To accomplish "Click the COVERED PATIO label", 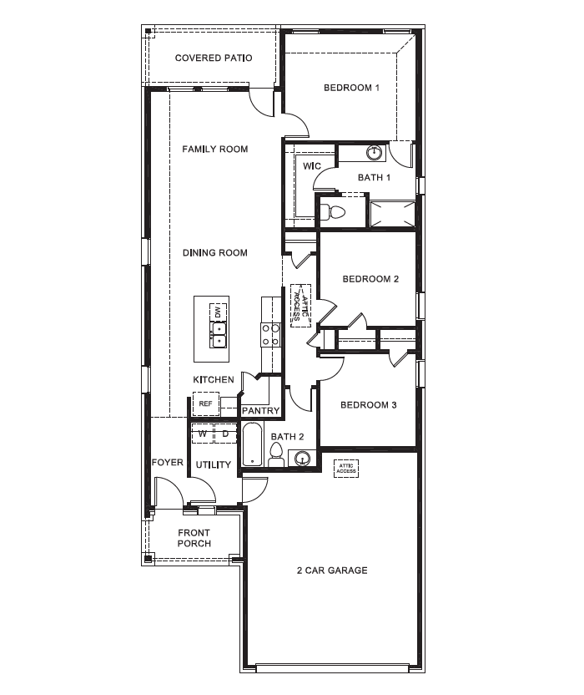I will (x=214, y=58).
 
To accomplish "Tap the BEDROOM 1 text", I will (x=352, y=88).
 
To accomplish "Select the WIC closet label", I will (x=312, y=166).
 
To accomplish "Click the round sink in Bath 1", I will (x=375, y=153).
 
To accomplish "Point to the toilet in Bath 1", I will (x=335, y=211).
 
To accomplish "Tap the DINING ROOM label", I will (x=215, y=253).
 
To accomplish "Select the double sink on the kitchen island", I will (x=218, y=335).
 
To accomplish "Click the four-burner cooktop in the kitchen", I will (x=271, y=335).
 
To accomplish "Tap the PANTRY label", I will (x=260, y=411).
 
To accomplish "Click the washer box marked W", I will (x=202, y=434).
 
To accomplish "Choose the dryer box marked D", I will (x=225, y=434).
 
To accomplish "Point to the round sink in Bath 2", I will (x=302, y=458).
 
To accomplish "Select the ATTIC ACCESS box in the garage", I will (x=346, y=468).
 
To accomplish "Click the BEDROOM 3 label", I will (x=369, y=405).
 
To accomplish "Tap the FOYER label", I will (x=167, y=463).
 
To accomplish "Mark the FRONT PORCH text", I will (x=194, y=538).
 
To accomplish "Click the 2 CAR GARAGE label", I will (x=332, y=571).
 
